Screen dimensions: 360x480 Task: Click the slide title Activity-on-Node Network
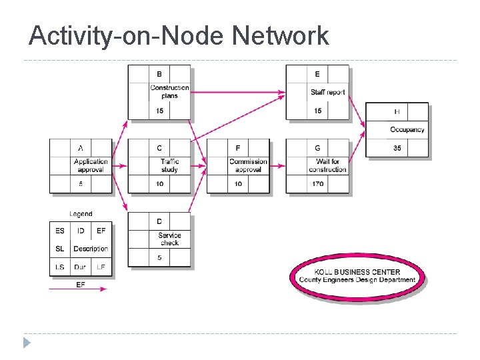coord(179,35)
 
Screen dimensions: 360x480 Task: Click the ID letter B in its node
coord(159,74)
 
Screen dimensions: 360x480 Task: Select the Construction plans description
coord(169,92)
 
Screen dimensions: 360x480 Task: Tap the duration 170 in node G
coord(318,184)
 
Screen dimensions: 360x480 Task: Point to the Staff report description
coord(328,92)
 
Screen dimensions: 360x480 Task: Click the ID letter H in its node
coord(397,111)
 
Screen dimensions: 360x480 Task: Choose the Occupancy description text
coord(407,129)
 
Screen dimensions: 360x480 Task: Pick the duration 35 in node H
coord(397,148)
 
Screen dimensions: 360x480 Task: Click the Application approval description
coord(91,165)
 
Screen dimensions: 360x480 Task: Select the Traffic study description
coord(169,165)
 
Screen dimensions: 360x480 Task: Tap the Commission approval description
coord(248,165)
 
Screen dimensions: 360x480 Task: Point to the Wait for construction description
coord(327,165)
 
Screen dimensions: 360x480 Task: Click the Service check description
coord(169,239)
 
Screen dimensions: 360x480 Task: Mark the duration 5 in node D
coord(159,257)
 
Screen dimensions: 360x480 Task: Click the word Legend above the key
coord(81,214)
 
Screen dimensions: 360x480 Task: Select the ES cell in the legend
coord(60,231)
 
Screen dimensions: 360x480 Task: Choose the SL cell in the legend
coord(60,249)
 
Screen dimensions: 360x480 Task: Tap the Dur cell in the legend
coord(80,267)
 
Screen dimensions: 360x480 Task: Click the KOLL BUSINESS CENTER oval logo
coord(357,276)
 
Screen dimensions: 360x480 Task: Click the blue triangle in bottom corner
coord(27,343)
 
